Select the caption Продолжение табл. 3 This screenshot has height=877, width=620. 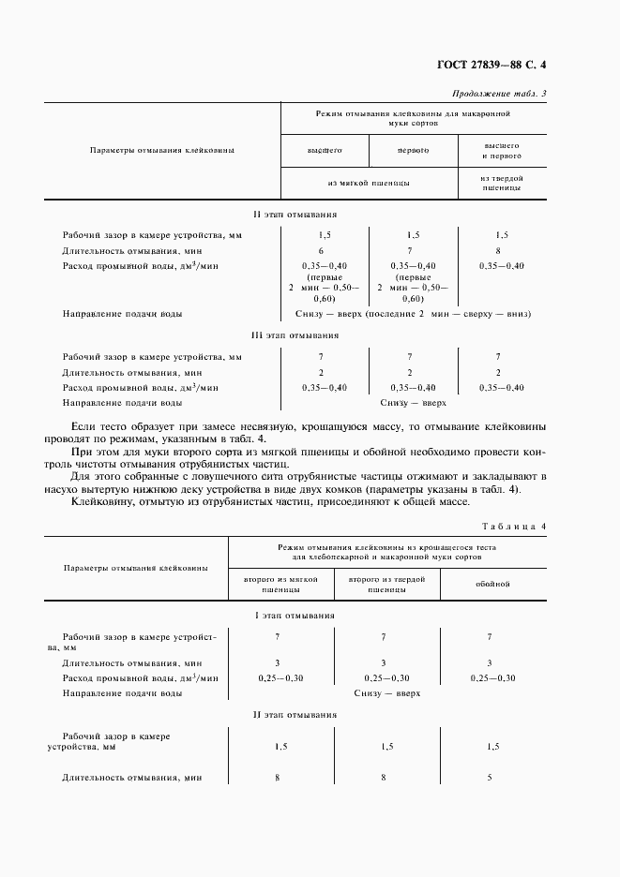point(499,93)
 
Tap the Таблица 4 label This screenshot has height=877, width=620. point(513,527)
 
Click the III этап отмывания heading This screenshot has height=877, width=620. point(295,334)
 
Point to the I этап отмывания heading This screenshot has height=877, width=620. point(295,615)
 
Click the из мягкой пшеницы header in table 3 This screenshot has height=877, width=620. point(369,184)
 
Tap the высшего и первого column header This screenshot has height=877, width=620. point(502,152)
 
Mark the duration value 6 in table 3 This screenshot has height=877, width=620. point(321,251)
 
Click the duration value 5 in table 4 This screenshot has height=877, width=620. point(491,778)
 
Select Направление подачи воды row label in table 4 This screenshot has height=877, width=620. point(122,693)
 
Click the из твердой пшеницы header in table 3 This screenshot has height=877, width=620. point(502,183)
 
